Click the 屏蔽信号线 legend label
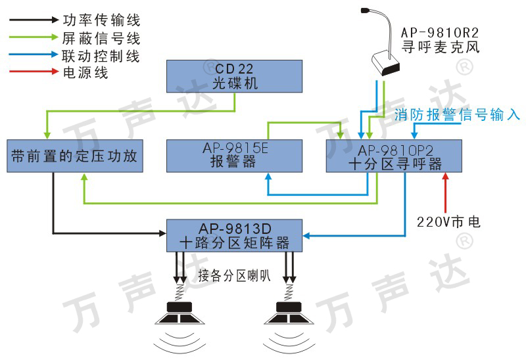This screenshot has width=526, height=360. [101, 38]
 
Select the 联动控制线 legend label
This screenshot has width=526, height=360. [101, 55]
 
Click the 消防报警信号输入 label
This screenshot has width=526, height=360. [458, 115]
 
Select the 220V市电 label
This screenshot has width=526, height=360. [448, 222]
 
